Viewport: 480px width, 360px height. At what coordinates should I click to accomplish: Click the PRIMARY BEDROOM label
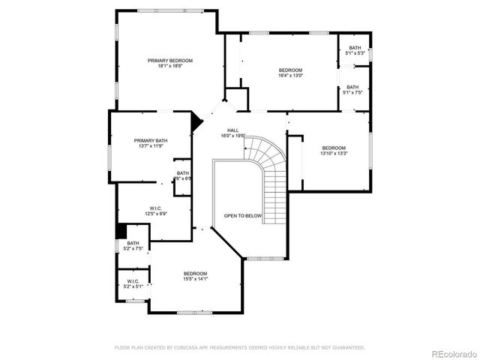pyautogui.click(x=170, y=60)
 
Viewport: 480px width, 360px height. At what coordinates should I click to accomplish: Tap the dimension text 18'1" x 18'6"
pyautogui.click(x=170, y=66)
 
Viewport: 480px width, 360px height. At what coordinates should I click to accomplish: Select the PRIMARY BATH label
pyautogui.click(x=151, y=140)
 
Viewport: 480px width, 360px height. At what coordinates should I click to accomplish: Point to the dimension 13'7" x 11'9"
pyautogui.click(x=151, y=146)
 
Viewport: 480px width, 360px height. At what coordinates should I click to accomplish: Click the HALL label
pyautogui.click(x=233, y=130)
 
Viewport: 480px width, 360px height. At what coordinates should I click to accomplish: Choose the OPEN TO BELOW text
pyautogui.click(x=243, y=216)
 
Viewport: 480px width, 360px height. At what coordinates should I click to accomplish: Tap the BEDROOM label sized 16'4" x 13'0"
pyautogui.click(x=290, y=70)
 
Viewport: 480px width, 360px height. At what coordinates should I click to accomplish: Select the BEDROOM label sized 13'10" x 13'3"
pyautogui.click(x=334, y=148)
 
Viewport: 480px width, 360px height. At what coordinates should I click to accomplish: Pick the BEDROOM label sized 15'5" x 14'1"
pyautogui.click(x=195, y=273)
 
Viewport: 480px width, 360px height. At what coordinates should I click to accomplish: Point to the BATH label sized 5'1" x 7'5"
pyautogui.click(x=352, y=87)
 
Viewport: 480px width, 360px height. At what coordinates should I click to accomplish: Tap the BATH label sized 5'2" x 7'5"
pyautogui.click(x=133, y=243)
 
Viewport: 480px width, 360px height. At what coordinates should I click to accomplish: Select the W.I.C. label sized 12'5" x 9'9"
pyautogui.click(x=156, y=208)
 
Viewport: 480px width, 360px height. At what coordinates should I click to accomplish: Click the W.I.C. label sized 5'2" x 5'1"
pyautogui.click(x=133, y=281)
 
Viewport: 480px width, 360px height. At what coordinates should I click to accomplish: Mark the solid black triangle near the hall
pyautogui.click(x=197, y=121)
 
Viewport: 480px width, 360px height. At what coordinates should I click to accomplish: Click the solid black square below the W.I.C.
pyautogui.click(x=120, y=232)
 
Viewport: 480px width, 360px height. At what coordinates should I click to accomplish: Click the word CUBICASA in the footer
pyautogui.click(x=186, y=347)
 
